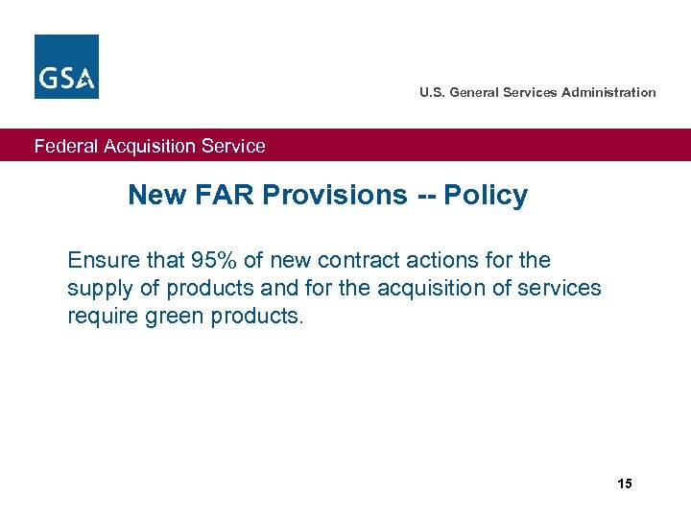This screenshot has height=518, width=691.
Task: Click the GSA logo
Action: [x=66, y=66]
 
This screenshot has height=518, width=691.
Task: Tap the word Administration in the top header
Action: [x=609, y=93]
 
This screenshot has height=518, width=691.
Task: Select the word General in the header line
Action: [x=473, y=93]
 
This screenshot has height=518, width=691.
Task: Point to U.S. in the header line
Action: [x=432, y=93]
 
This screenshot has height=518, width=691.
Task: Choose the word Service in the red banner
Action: [x=232, y=147]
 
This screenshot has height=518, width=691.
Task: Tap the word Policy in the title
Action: [x=486, y=196]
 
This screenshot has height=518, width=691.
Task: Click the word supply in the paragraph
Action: [x=96, y=289]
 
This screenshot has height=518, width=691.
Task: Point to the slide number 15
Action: [x=625, y=483]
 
